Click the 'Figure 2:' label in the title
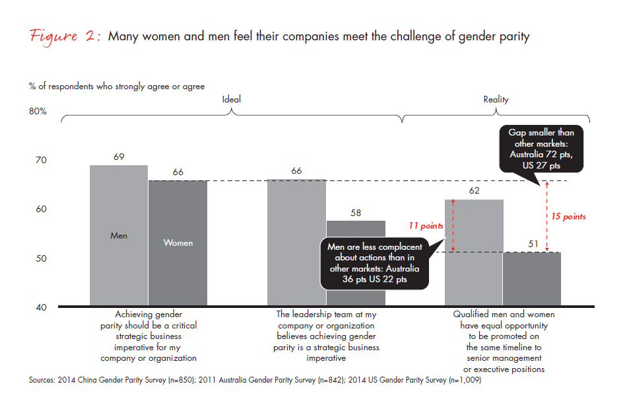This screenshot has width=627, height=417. point(65,37)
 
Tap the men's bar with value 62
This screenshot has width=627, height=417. point(473,278)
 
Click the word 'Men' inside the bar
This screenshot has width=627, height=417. point(119,236)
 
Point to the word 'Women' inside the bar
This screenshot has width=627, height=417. point(178,243)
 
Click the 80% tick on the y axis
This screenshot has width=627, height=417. point(38,112)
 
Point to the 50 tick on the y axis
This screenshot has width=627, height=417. point(40,258)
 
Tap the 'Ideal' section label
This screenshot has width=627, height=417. point(231,99)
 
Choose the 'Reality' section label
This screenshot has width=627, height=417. point(496,100)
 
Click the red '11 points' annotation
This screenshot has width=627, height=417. point(426,226)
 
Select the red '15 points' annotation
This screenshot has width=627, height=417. point(568,216)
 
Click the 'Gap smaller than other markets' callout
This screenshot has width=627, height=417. point(541,149)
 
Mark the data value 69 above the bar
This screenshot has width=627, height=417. point(119,157)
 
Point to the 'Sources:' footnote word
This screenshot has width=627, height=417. point(44,380)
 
